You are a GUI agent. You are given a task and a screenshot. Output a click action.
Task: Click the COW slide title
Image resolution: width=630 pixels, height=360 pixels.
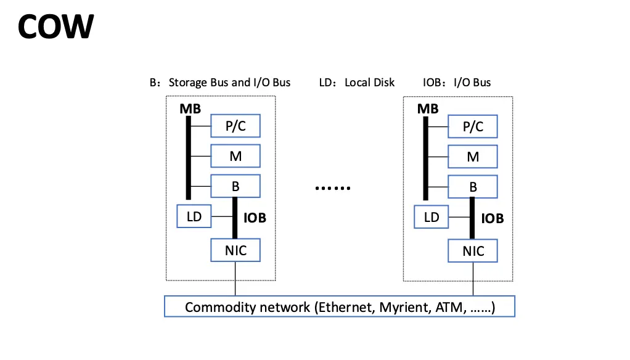[x=55, y=27]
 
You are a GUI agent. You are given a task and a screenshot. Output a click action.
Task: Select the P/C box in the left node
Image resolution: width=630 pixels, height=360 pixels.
[x=235, y=126]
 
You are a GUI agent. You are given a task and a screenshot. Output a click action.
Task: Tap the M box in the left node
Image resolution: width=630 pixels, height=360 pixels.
[x=235, y=157]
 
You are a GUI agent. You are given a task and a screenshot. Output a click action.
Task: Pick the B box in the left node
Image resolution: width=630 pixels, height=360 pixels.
[x=235, y=186]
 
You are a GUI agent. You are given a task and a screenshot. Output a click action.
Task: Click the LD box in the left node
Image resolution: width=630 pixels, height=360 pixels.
[x=194, y=216]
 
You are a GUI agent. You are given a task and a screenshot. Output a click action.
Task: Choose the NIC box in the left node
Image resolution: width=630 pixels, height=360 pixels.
[x=235, y=250]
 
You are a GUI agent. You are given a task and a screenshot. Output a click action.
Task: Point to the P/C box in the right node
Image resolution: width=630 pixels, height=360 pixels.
[x=473, y=126]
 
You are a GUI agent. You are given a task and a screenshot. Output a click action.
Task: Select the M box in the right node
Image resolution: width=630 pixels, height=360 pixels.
[x=473, y=157]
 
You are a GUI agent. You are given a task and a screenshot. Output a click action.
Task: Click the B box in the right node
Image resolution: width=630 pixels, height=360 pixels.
[x=473, y=186]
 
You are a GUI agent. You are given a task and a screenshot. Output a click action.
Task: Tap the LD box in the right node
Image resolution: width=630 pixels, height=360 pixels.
[x=432, y=216]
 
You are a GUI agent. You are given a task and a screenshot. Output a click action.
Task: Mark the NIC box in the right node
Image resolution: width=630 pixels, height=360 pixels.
[x=473, y=250]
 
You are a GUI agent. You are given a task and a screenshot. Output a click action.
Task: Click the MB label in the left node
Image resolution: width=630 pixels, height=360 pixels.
[x=190, y=109]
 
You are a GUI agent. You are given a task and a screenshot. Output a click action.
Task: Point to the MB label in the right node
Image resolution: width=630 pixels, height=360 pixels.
[x=427, y=109]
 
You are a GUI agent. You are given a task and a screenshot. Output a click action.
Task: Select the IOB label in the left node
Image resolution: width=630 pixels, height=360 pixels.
[x=255, y=218]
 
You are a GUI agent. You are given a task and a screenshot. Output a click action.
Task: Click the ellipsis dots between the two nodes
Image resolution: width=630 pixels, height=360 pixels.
[x=332, y=187]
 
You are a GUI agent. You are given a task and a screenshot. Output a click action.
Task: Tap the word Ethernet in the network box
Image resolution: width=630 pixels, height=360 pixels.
[x=343, y=307]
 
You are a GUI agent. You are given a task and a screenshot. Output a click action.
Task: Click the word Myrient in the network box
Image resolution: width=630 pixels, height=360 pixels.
[x=399, y=307]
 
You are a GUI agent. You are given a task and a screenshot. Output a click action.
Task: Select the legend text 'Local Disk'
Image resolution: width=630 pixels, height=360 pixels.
[x=370, y=82]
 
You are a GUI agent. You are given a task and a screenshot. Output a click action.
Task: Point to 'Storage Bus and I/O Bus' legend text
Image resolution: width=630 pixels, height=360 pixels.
[x=229, y=82]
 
